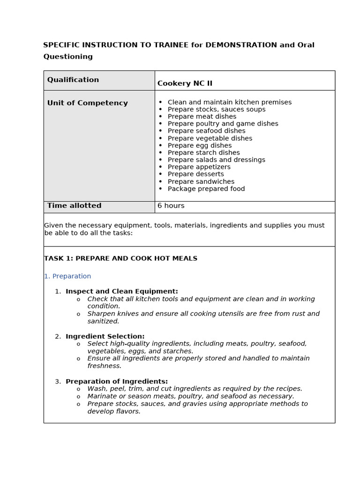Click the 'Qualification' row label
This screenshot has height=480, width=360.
coord(73,80)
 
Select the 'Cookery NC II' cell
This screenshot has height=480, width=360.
coord(185,83)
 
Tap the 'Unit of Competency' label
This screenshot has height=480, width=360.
coord(87,103)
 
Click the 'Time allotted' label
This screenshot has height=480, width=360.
coord(74,206)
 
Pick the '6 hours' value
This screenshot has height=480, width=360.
coord(171,206)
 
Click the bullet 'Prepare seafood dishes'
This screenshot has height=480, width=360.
coord(206,131)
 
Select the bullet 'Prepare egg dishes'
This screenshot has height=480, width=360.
coord(199,145)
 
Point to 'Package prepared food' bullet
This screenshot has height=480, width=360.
coord(206,189)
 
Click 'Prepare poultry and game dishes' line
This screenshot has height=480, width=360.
coord(223,124)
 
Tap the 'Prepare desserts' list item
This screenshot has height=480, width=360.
coord(195,174)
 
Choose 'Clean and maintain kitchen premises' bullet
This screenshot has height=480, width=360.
coord(229,102)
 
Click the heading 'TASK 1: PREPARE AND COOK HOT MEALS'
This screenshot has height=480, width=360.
coord(120,258)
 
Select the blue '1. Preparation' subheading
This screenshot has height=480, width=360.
coord(67,276)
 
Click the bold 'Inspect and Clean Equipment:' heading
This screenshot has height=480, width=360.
coord(121,292)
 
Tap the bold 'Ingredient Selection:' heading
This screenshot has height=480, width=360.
coord(105,337)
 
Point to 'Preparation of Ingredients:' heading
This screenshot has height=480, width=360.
coord(116,382)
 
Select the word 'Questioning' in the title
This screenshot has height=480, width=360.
coord(68,57)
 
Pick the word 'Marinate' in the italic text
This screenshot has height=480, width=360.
coord(103,396)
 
